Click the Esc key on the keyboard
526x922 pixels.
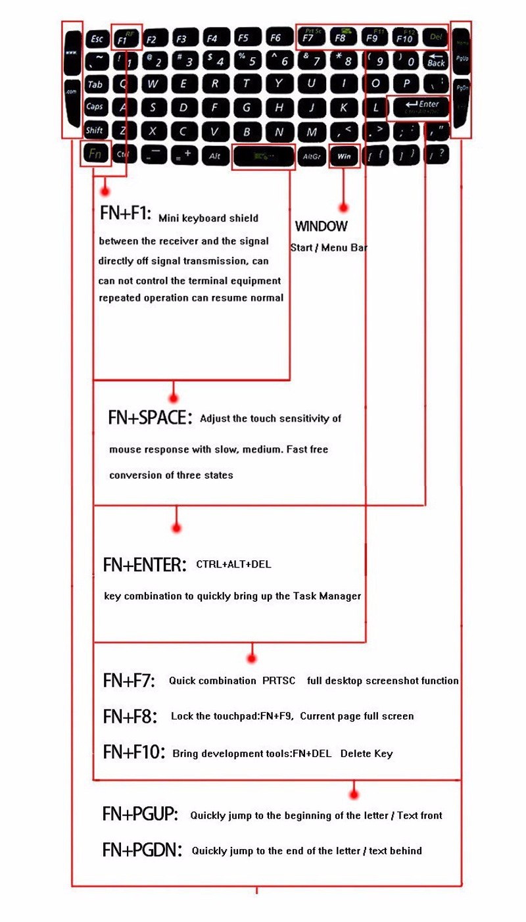tap(97, 39)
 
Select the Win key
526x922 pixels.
tap(343, 156)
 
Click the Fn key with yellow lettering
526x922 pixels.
tap(95, 155)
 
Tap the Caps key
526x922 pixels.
tap(95, 107)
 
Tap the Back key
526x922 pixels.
tap(436, 62)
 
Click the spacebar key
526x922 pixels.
tap(263, 157)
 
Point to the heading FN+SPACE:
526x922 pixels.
tap(150, 418)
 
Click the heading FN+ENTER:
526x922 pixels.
tap(145, 564)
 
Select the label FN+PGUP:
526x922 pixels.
tap(140, 814)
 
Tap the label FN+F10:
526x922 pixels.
tap(134, 752)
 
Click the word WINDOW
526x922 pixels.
tap(321, 227)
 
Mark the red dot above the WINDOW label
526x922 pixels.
tap(343, 207)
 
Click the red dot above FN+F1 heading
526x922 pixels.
tap(104, 191)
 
